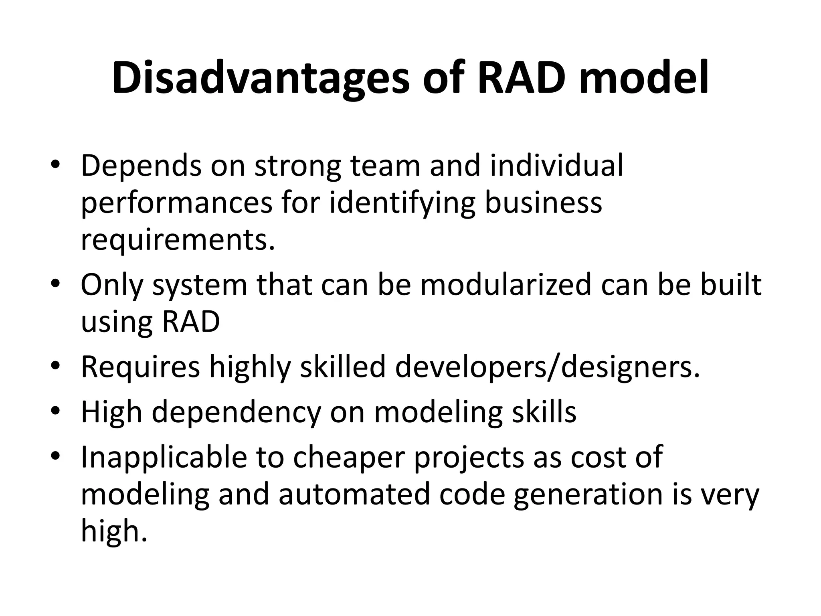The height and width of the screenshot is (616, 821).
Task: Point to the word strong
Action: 298,166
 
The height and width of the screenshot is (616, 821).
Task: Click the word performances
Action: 177,203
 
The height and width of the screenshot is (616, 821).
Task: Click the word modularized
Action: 506,284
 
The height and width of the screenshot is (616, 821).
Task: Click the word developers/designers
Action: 548,367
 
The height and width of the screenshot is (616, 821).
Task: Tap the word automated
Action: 354,494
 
